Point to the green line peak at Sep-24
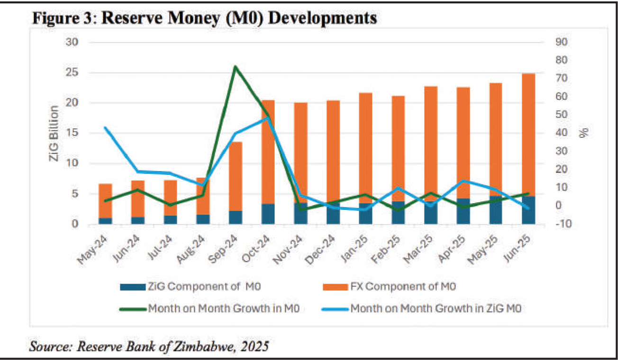point(235,66)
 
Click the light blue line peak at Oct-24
point(268,118)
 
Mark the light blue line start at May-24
point(105,128)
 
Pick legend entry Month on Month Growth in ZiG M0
point(436,308)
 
